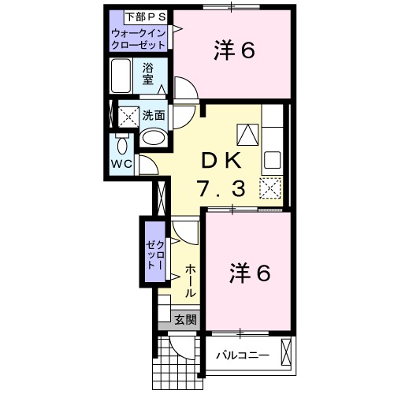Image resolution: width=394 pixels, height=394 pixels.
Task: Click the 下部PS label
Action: pos(139,17)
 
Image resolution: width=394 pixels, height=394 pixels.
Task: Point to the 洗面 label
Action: pos(154,115)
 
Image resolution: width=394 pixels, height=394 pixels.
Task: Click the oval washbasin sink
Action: pos(154,139)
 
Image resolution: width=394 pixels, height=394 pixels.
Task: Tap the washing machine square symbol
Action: pos(128,117)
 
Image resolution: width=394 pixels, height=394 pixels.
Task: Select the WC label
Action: pos(121,163)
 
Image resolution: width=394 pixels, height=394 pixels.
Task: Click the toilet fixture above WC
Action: pos(121,145)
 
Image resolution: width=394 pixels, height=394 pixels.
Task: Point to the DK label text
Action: pos(223,159)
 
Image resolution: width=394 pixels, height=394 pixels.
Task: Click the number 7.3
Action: pos(223,188)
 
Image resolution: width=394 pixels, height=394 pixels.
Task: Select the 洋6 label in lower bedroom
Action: pos(250,273)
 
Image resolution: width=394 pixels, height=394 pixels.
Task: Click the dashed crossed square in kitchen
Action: pos(270,189)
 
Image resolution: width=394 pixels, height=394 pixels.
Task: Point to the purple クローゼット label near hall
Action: pos(152,254)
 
